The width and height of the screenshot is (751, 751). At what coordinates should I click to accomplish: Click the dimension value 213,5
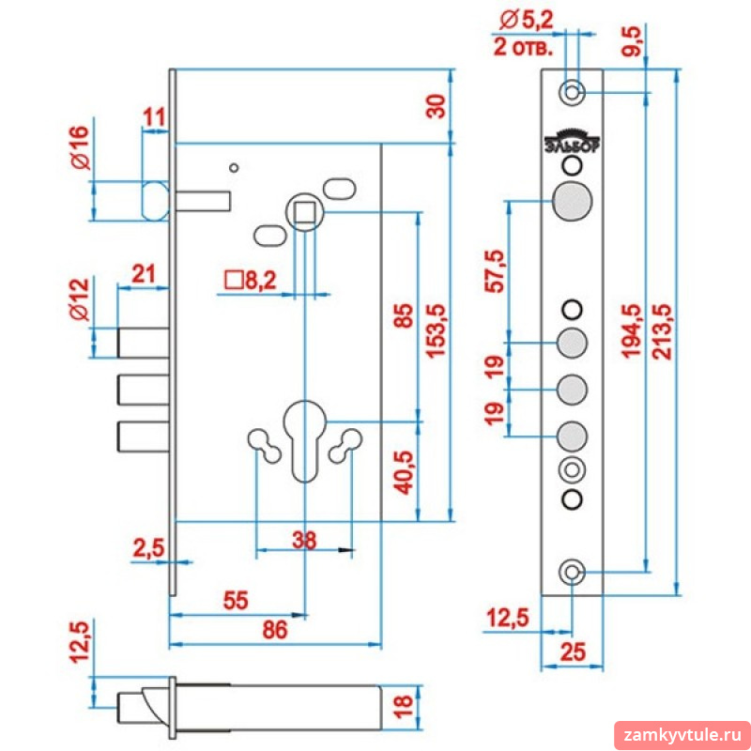click(665, 332)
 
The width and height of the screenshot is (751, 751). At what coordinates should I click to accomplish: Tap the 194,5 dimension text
click(632, 331)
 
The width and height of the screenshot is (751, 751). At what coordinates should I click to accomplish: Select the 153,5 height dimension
click(436, 331)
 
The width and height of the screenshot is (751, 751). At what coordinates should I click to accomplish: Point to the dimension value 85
click(404, 315)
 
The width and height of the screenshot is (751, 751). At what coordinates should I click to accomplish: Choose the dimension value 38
click(304, 541)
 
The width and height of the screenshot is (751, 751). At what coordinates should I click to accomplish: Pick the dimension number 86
click(275, 630)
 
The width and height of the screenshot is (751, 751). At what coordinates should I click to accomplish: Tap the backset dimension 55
click(236, 600)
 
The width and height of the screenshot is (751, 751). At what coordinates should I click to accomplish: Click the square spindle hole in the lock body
click(304, 212)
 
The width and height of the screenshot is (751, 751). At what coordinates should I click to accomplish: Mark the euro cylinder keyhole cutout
click(304, 437)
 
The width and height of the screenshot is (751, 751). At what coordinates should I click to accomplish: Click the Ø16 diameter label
click(81, 147)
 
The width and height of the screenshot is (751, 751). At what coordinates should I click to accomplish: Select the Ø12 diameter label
click(80, 299)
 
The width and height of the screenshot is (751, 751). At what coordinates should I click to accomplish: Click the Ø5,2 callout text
click(526, 21)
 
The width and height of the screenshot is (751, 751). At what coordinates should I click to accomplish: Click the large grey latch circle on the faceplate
click(573, 201)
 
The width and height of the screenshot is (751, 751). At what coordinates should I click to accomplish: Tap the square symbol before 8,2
click(234, 281)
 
